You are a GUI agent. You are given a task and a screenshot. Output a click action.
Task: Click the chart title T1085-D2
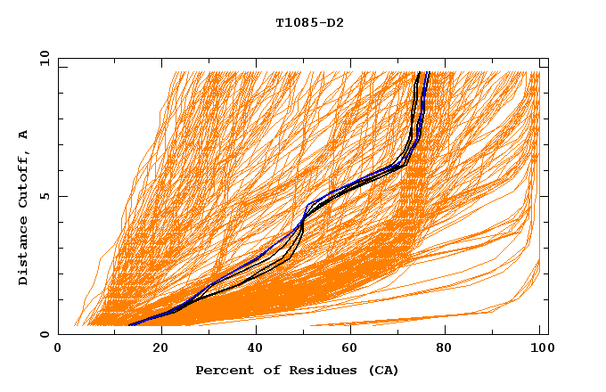[309, 22]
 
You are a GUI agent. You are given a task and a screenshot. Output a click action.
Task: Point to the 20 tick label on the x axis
[160, 348]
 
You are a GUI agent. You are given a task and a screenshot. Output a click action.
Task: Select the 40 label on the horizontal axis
[257, 348]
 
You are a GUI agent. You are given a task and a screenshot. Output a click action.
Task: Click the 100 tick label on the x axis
[537, 348]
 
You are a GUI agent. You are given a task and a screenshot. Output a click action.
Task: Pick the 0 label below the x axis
[58, 348]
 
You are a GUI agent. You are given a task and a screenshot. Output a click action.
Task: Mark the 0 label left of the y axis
[44, 334]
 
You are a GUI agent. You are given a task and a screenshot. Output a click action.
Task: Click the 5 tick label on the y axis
[44, 196]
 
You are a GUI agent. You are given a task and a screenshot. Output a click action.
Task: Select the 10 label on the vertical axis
[41, 58]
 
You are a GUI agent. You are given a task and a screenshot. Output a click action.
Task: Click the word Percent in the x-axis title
[224, 370]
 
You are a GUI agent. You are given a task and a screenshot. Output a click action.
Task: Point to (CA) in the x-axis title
[366, 370]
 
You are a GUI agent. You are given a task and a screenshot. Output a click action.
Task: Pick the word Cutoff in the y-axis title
[23, 179]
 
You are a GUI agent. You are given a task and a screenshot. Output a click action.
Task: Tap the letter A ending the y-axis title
[23, 135]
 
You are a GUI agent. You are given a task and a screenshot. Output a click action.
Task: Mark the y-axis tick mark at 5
[61, 196]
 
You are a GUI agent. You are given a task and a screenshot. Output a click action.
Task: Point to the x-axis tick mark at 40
[257, 331]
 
